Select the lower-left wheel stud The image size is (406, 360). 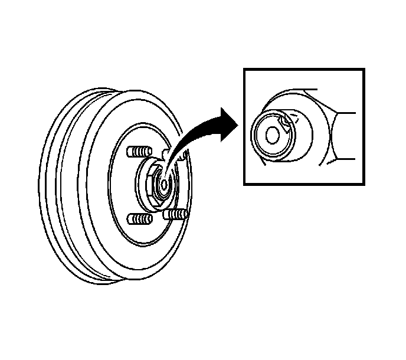coord(137,220)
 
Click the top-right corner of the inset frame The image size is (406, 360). coord(364,69)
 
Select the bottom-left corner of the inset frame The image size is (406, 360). coord(245,184)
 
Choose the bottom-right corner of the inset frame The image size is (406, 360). coord(364,184)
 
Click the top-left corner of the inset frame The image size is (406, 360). coord(245,69)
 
